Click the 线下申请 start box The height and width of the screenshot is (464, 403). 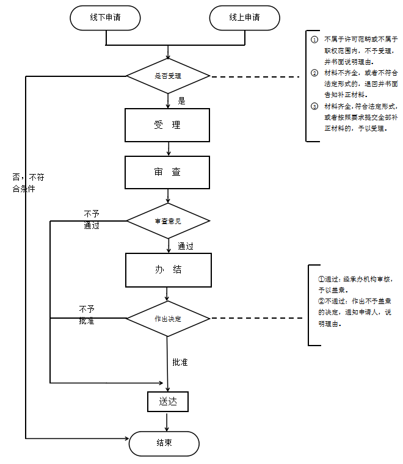tap(106, 18)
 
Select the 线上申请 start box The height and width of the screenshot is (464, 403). tap(244, 18)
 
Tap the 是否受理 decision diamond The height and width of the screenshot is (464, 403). tap(168, 76)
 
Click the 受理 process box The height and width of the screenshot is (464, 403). tap(167, 125)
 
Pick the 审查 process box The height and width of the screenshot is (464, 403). tap(167, 172)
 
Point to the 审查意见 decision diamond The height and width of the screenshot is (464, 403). tap(168, 220)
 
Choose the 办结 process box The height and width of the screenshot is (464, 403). tap(168, 270)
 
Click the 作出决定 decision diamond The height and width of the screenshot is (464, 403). tap(168, 319)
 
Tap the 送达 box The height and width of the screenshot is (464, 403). tap(167, 402)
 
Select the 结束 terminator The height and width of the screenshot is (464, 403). tap(164, 443)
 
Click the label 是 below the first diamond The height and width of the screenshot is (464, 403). tap(181, 101)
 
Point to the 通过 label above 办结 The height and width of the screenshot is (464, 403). tap(186, 247)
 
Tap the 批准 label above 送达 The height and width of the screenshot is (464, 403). tap(180, 362)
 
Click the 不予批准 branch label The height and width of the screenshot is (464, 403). tap(87, 314)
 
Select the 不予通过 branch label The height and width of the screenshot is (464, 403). tap(92, 219)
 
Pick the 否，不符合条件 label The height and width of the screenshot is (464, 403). tap(28, 183)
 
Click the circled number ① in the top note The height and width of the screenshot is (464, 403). tap(314, 39)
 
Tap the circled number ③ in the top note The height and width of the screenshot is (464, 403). tap(314, 106)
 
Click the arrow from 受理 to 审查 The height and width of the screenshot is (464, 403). tap(168, 148)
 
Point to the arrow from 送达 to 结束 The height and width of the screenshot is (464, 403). tap(167, 421)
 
